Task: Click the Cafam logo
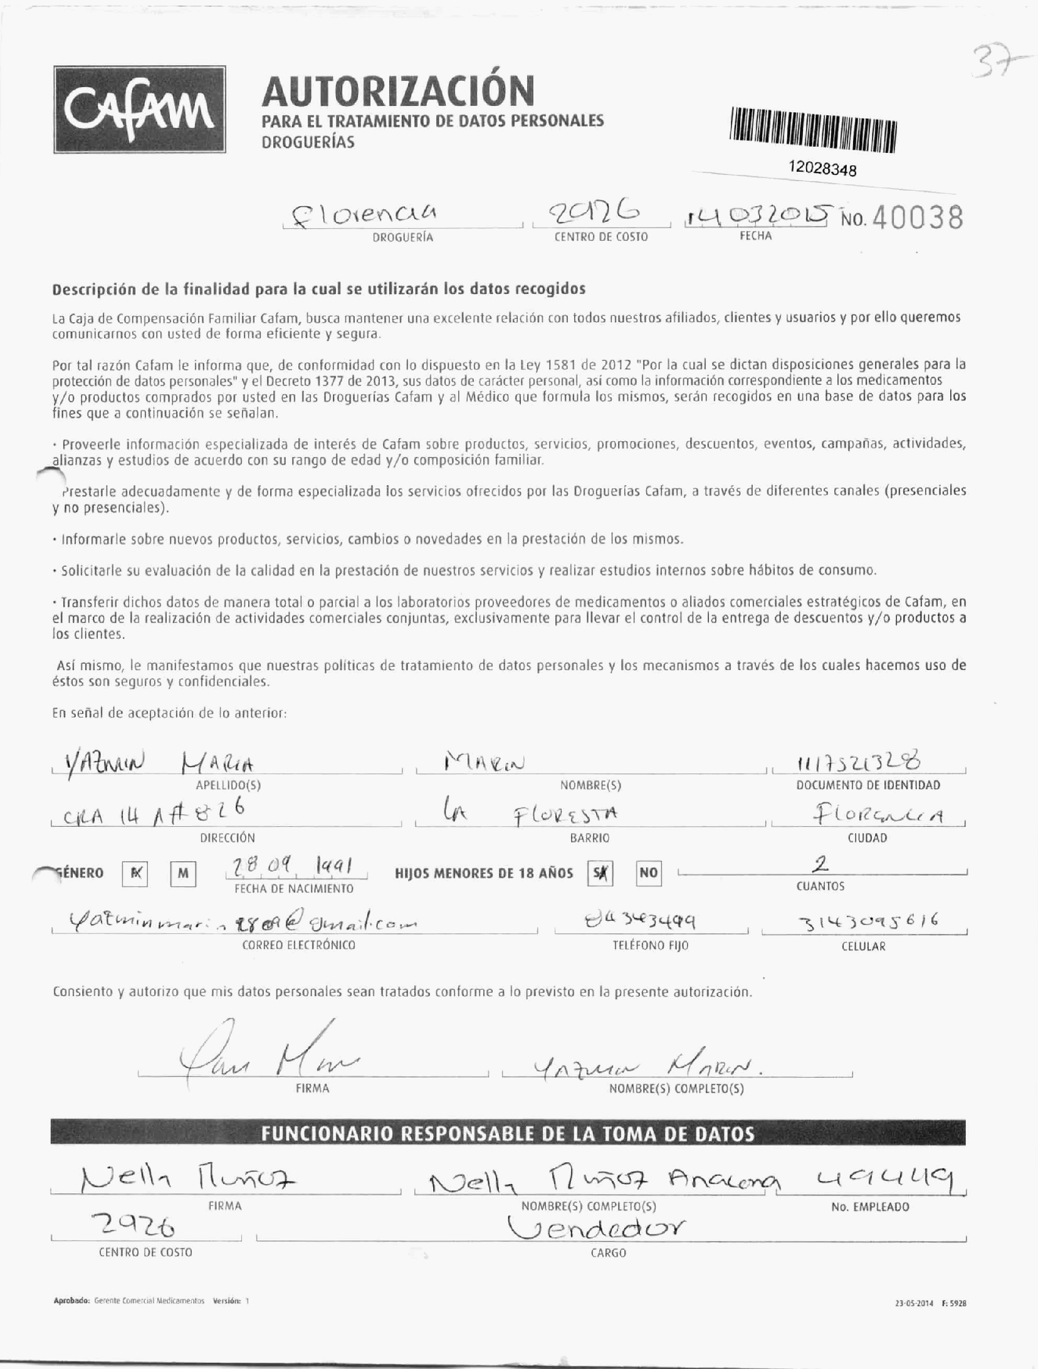tap(139, 109)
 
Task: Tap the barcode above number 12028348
tap(814, 130)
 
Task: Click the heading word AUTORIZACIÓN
tap(398, 90)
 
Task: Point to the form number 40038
tap(917, 218)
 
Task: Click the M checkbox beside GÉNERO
tap(182, 873)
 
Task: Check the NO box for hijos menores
tap(649, 872)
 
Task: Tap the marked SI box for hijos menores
tap(600, 873)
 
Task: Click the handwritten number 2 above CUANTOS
tap(820, 864)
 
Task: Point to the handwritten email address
tap(241, 922)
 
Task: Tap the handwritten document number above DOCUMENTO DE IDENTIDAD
tap(859, 763)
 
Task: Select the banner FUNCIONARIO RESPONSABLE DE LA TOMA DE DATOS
tap(508, 1133)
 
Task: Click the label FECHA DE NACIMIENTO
tap(294, 889)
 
